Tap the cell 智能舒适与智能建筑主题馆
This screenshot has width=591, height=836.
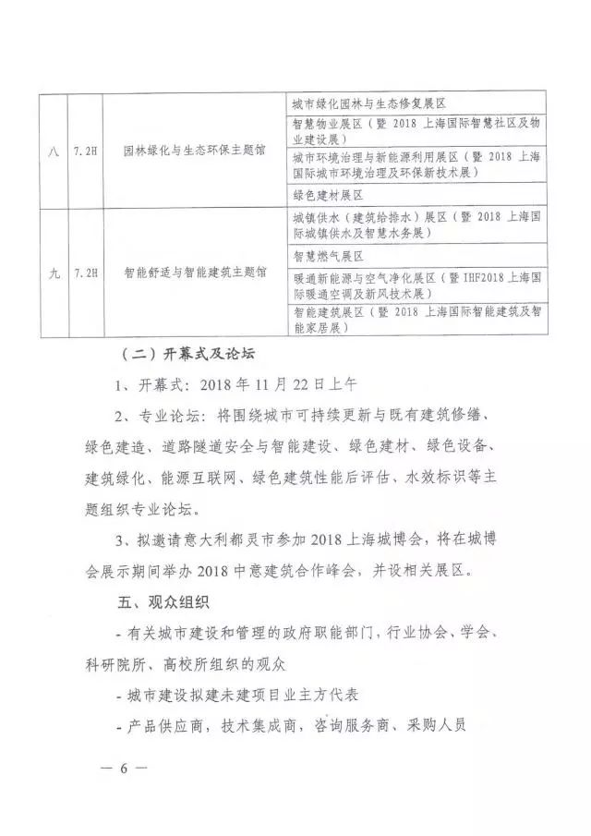(196, 273)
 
